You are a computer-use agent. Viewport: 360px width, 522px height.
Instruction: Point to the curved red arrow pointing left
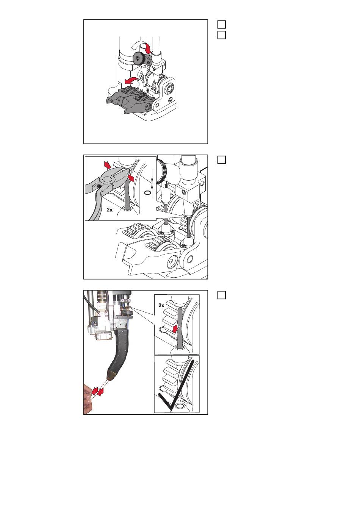pyautogui.click(x=132, y=81)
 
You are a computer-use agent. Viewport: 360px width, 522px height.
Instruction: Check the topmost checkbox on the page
pyautogui.click(x=222, y=25)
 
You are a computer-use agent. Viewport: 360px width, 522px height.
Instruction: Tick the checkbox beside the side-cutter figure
pyautogui.click(x=222, y=160)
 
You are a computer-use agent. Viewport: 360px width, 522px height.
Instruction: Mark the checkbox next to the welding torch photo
pyautogui.click(x=222, y=295)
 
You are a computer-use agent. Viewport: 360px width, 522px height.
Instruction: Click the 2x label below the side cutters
pyautogui.click(x=110, y=210)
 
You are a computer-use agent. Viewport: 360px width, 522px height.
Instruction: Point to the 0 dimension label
pyautogui.click(x=147, y=192)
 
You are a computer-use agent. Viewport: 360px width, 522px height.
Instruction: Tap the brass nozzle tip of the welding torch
pyautogui.click(x=111, y=374)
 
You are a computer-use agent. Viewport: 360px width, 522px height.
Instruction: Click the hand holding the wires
pyautogui.click(x=88, y=399)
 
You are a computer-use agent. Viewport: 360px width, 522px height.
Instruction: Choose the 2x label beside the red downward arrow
pyautogui.click(x=161, y=305)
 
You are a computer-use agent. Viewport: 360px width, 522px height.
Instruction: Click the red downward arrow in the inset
pyautogui.click(x=174, y=329)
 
